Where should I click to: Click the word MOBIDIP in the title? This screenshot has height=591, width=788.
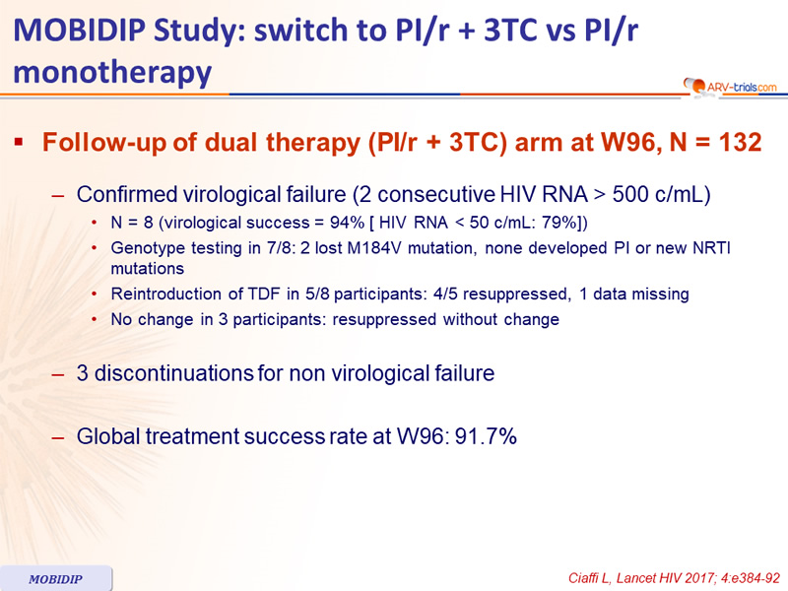pos(80,31)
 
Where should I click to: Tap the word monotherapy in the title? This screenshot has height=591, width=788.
pos(112,73)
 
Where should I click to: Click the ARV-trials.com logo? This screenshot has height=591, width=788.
pos(730,87)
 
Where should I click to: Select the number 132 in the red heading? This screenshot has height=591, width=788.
pos(740,142)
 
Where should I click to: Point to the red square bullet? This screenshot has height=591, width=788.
pos(19,143)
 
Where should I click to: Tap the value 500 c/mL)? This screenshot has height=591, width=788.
pos(661,194)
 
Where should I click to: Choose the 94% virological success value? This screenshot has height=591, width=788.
pos(347,223)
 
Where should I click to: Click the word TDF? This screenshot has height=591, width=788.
pos(263,294)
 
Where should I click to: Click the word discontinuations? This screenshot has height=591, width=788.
pos(174,373)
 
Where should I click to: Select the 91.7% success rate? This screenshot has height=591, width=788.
pos(486,436)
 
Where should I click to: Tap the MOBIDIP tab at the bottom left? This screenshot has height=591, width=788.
pos(56,578)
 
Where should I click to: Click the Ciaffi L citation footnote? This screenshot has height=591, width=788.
pos(674,578)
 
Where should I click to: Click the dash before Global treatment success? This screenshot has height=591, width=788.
pos(58,437)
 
